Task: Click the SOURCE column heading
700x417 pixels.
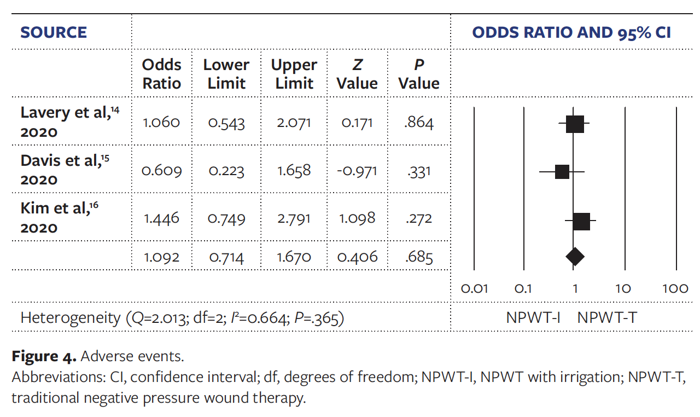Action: point(54,32)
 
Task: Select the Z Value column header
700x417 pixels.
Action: point(357,74)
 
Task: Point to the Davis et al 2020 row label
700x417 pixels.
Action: point(61,170)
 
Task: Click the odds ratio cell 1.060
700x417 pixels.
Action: point(161,122)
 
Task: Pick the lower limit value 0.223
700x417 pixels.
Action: point(226,171)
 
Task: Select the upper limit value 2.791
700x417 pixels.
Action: point(294,218)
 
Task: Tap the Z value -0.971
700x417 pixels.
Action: point(357,171)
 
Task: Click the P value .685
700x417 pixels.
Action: point(419,257)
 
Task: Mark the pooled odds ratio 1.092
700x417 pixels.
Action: point(161,257)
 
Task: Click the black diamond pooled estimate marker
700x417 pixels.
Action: point(575,256)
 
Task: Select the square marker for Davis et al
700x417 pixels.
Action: point(562,172)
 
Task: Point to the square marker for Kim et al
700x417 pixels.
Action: point(581,222)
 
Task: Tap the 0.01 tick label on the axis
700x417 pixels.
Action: point(474,288)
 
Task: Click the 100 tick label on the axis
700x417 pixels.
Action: point(675,288)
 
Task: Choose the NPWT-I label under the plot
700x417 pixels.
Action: point(533,317)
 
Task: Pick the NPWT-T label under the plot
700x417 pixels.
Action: point(607,317)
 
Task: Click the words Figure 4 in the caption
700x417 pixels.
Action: point(44,357)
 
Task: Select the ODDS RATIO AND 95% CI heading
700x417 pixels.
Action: point(571,32)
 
